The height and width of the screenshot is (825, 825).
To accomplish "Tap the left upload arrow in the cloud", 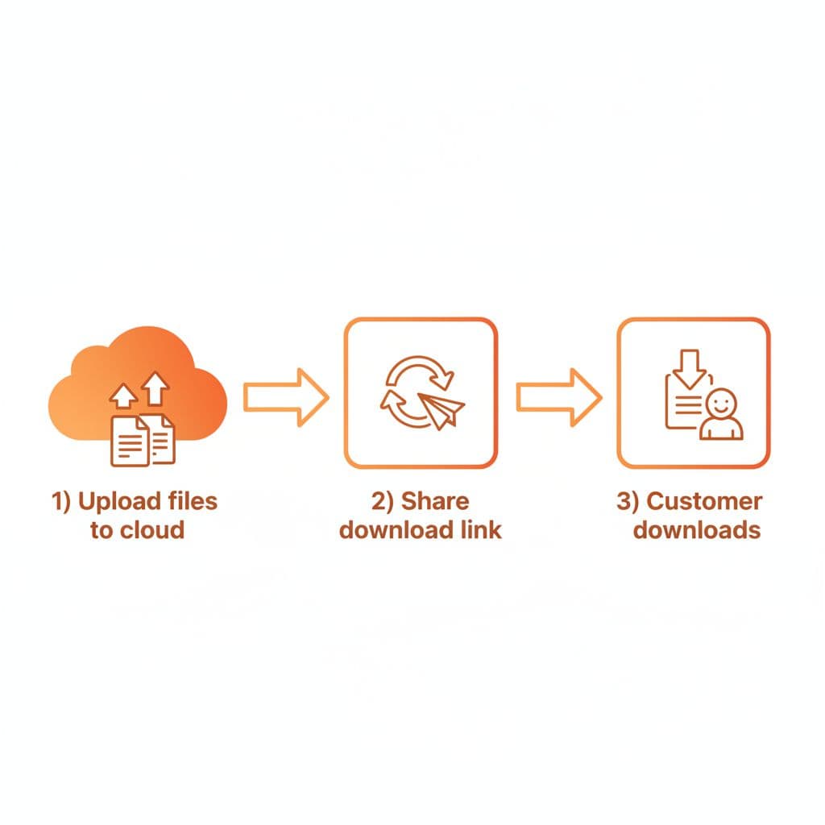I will coord(123,395).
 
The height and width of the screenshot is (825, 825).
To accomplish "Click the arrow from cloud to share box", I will coord(286,396).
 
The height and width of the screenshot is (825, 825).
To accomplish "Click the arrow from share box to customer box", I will coord(559,396).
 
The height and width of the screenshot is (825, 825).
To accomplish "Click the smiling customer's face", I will coord(721,401).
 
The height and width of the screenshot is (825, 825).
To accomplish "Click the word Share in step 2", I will coord(434,502).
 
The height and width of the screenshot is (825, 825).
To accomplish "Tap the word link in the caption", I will coord(479,530).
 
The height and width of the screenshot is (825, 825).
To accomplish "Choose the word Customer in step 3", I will coord(704,502).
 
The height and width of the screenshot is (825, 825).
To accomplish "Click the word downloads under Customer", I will coord(696,530).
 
